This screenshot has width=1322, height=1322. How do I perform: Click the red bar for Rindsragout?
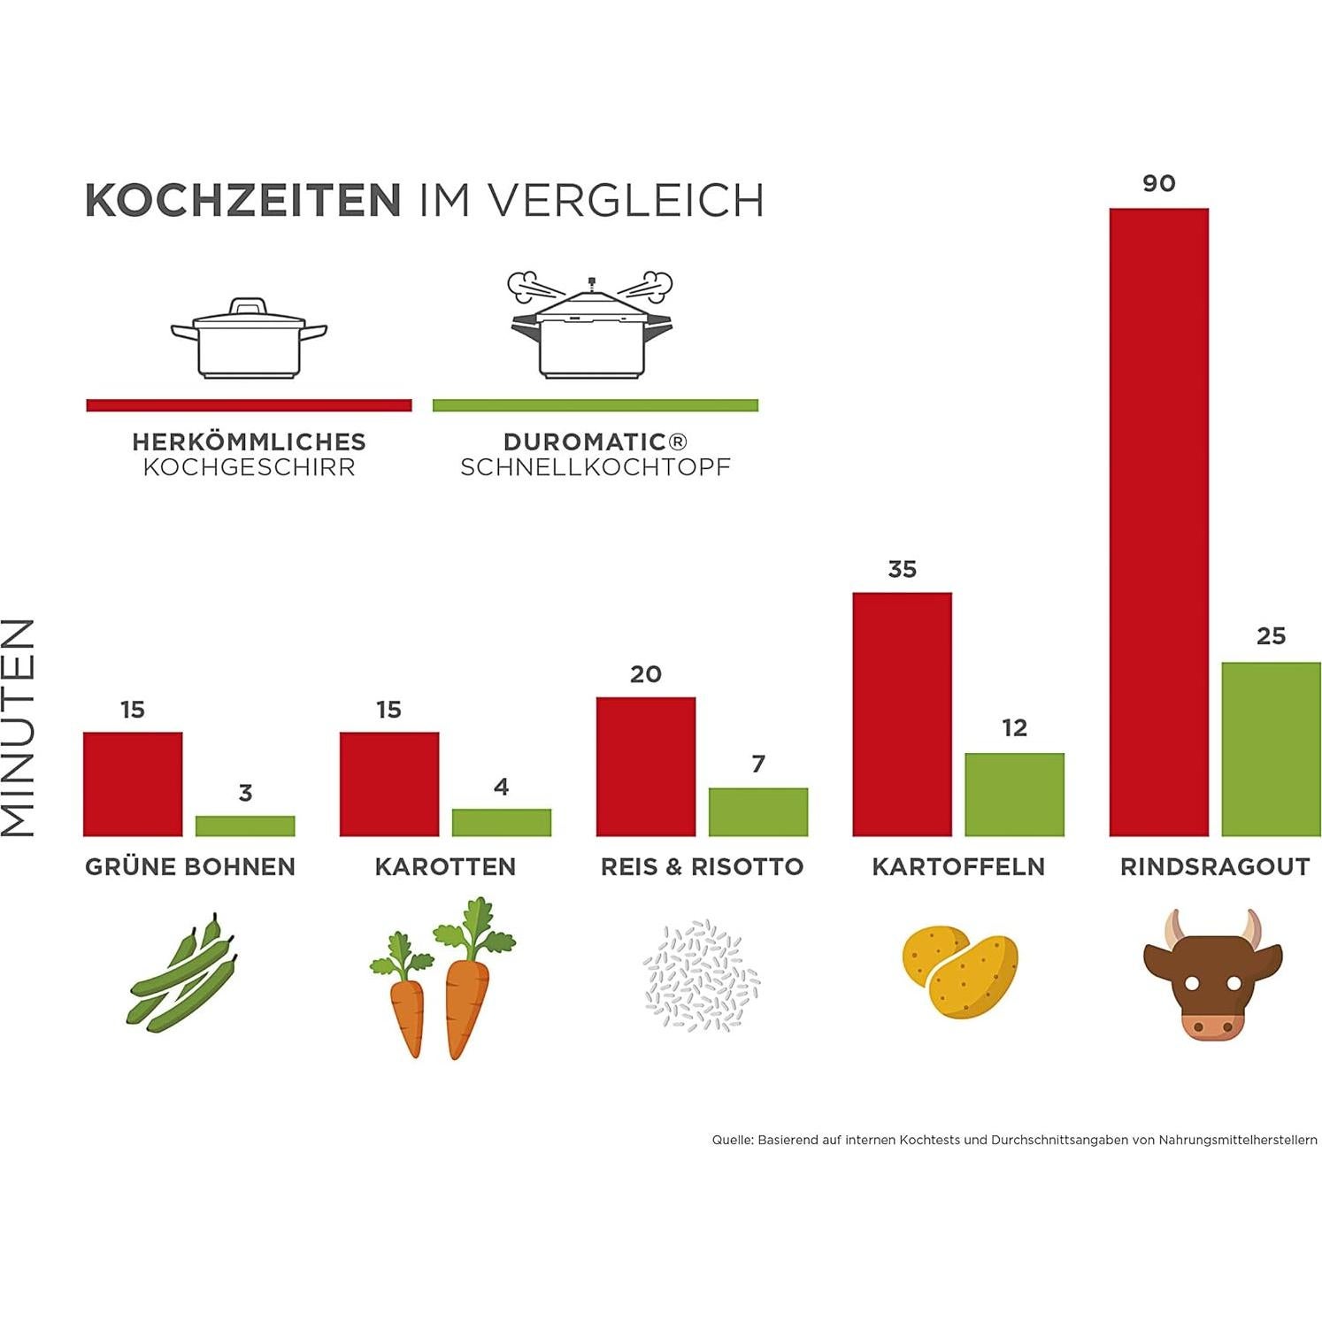pos(1158,522)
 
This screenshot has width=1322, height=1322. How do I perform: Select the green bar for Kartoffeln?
pos(1014,795)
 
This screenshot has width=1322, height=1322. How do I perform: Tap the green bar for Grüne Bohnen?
pos(245,826)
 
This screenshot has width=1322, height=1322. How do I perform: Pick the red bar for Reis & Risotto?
pos(646,766)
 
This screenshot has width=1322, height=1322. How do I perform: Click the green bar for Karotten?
pos(502,822)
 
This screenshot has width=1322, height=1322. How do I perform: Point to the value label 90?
pos(1158,183)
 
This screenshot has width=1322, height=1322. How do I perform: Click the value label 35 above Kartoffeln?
pos(902,569)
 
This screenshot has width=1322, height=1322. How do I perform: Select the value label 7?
pos(758,764)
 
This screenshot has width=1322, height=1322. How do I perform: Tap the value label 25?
pos(1271,635)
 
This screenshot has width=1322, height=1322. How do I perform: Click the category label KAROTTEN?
pos(445,866)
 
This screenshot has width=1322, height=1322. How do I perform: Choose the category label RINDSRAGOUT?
pos(1214,866)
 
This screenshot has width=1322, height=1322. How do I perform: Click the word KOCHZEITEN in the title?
pos(243,200)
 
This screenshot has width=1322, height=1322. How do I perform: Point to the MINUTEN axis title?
pos(19,726)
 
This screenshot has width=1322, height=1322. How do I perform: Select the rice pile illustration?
pos(701,975)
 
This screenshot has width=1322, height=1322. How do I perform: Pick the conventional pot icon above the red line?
pos(249,338)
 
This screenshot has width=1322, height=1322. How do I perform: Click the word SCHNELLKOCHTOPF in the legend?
pos(595,467)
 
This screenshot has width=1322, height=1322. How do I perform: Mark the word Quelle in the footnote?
pos(732,1140)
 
